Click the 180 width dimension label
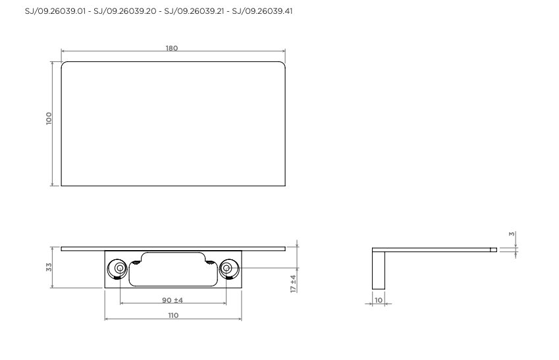click(172, 48)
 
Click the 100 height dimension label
click(49, 118)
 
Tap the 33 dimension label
click(49, 267)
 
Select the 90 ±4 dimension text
click(173, 300)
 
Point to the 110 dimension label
click(173, 315)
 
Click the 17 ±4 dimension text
click(294, 284)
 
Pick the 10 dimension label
click(379, 300)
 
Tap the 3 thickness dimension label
click(512, 234)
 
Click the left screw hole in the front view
click(120, 268)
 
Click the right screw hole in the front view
click(226, 268)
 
